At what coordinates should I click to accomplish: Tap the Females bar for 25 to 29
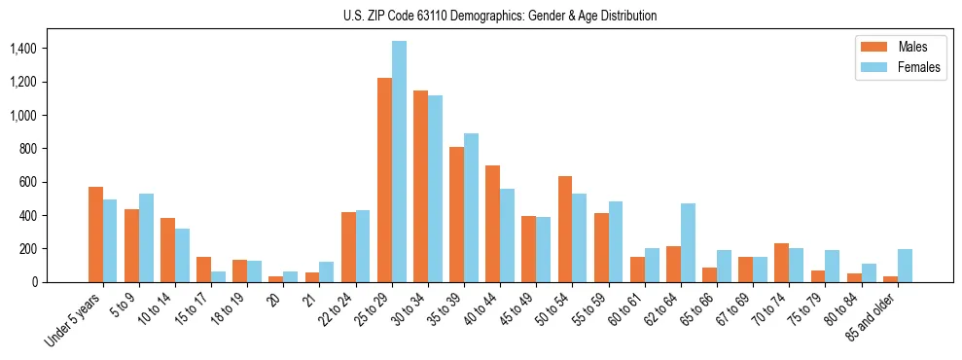(x=399, y=162)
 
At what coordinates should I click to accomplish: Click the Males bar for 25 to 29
(x=384, y=180)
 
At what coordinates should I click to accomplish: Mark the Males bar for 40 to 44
(x=492, y=224)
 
